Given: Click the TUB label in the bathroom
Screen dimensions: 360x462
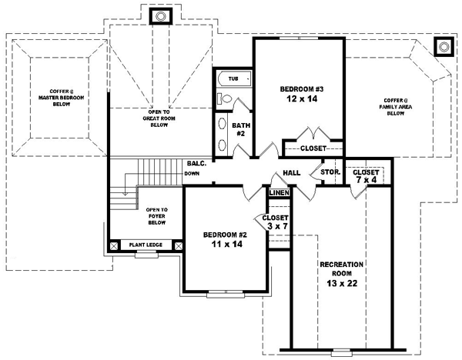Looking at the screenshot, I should click(233, 78).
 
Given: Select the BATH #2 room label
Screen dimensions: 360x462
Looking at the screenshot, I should click(239, 128).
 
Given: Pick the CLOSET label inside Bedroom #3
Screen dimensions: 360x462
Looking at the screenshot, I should click(313, 148).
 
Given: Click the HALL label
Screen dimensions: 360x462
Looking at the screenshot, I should click(292, 173).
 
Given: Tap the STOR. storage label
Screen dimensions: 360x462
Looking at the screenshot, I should click(330, 172).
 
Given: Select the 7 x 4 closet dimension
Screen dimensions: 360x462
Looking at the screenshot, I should click(367, 180).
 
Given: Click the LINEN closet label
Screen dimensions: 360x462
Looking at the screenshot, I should click(279, 192).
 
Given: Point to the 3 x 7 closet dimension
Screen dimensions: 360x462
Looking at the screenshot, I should click(276, 227).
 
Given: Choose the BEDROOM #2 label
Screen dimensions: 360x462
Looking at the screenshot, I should click(224, 235).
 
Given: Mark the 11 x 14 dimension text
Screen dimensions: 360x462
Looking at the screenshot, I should click(224, 245).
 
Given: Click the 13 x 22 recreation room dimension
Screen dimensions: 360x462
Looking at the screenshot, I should click(342, 282).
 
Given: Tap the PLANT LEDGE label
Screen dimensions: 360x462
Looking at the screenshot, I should click(145, 245).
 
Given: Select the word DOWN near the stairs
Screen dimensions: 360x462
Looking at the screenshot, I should click(192, 174).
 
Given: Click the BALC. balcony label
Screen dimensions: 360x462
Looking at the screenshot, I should click(196, 163).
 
